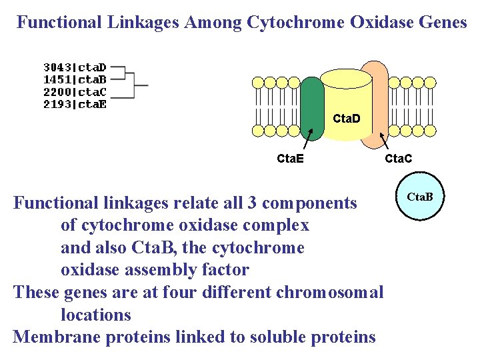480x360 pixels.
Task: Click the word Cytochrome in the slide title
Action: click(294, 23)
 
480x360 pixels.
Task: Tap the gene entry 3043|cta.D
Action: click(75, 67)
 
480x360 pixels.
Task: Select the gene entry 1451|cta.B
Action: click(75, 79)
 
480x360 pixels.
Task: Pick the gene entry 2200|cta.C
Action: click(75, 91)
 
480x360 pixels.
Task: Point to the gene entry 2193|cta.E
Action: click(75, 103)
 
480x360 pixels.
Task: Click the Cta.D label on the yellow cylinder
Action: click(346, 119)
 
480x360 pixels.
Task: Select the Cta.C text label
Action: click(398, 159)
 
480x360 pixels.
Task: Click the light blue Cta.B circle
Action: click(420, 197)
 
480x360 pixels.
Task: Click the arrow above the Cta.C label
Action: click(385, 141)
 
